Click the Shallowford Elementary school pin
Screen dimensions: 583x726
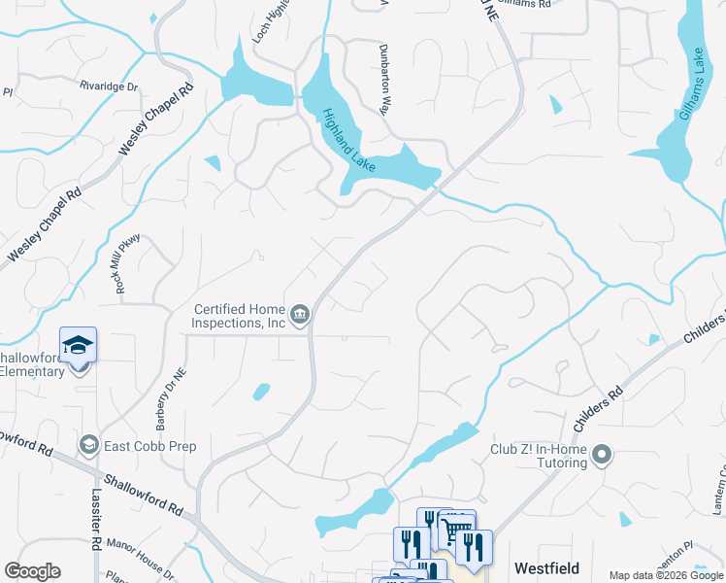(79, 346)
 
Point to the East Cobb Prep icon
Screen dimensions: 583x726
(90, 445)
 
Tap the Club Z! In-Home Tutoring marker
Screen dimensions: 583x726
(603, 454)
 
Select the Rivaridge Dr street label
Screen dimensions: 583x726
(110, 86)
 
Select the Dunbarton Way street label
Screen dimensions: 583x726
(384, 81)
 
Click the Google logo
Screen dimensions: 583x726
(32, 571)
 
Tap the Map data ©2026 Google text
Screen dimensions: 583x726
(665, 575)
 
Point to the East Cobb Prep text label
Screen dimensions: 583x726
(151, 446)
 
